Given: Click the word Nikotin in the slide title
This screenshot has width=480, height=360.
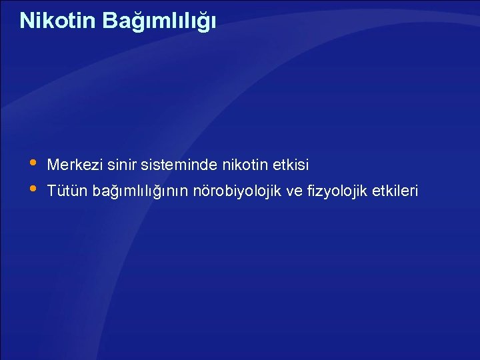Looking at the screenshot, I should [58, 21].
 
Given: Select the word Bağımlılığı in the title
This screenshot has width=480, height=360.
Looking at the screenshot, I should [159, 21].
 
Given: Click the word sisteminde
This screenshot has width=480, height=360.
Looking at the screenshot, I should [167, 164].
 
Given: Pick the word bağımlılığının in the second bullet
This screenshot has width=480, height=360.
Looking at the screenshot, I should [140, 192].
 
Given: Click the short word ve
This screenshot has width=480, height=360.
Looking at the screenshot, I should [293, 192].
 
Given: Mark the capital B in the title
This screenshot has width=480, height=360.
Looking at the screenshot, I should [109, 21].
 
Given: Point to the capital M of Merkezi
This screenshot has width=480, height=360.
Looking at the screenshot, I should [53, 164].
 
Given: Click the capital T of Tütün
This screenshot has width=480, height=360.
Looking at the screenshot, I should [52, 191].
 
